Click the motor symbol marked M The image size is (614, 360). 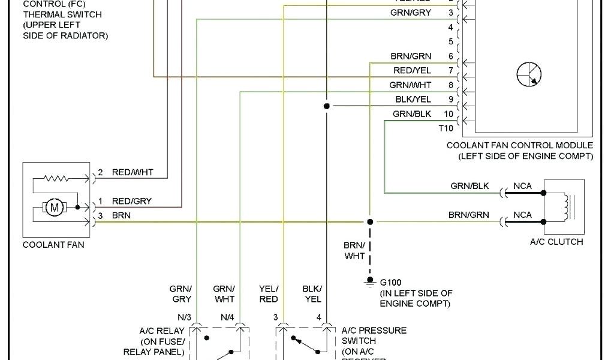[x=55, y=208]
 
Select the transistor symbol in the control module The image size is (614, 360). [x=529, y=74]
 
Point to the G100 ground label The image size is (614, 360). [x=390, y=281]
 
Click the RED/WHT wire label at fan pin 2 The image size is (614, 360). [x=133, y=172]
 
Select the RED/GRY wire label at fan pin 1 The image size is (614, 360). [x=133, y=200]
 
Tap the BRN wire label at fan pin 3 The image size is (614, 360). [x=122, y=215]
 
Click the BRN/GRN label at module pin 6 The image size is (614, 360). [x=411, y=56]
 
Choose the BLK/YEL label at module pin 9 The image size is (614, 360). [x=413, y=99]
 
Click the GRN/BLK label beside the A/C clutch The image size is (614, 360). [x=470, y=186]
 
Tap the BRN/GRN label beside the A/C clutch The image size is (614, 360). [x=469, y=215]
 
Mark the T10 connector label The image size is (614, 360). [x=446, y=127]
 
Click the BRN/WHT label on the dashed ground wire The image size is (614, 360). [x=354, y=251]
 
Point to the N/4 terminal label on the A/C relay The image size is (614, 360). [x=227, y=317]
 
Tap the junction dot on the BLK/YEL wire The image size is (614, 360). [x=326, y=106]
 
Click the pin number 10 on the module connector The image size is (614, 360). [x=449, y=113]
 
